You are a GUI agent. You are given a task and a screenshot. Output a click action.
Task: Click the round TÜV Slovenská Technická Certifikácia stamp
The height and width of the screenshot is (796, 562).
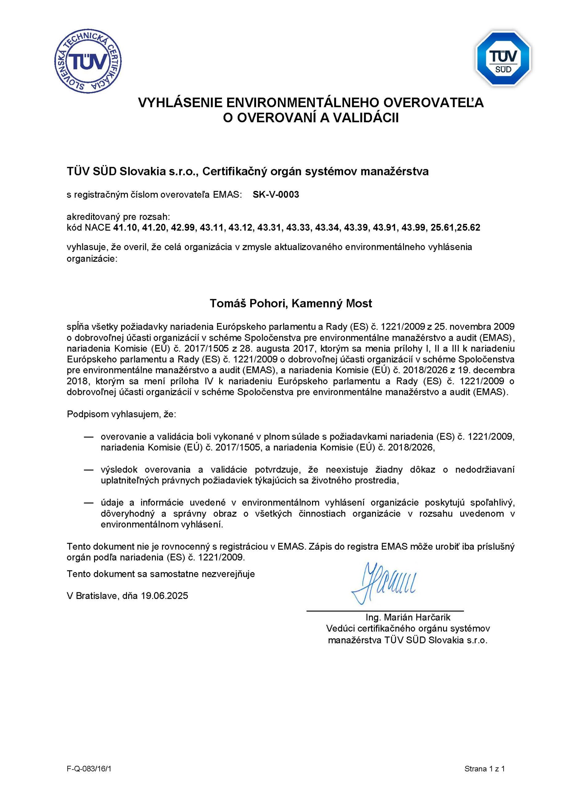tap(88, 61)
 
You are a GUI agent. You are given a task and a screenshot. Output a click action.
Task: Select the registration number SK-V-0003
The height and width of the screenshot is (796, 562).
tap(276, 195)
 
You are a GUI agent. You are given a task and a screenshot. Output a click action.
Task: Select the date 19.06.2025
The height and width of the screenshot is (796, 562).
tap(165, 596)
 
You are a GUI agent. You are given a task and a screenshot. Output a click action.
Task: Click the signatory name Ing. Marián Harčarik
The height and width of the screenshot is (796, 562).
tap(408, 617)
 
